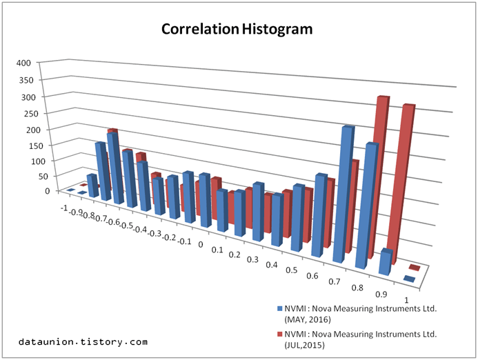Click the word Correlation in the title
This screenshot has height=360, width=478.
199,30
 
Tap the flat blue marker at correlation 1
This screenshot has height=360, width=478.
408,279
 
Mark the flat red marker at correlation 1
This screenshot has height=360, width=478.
415,267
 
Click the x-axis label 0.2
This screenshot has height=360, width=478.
235,255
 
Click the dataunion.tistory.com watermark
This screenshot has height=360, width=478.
83,341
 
